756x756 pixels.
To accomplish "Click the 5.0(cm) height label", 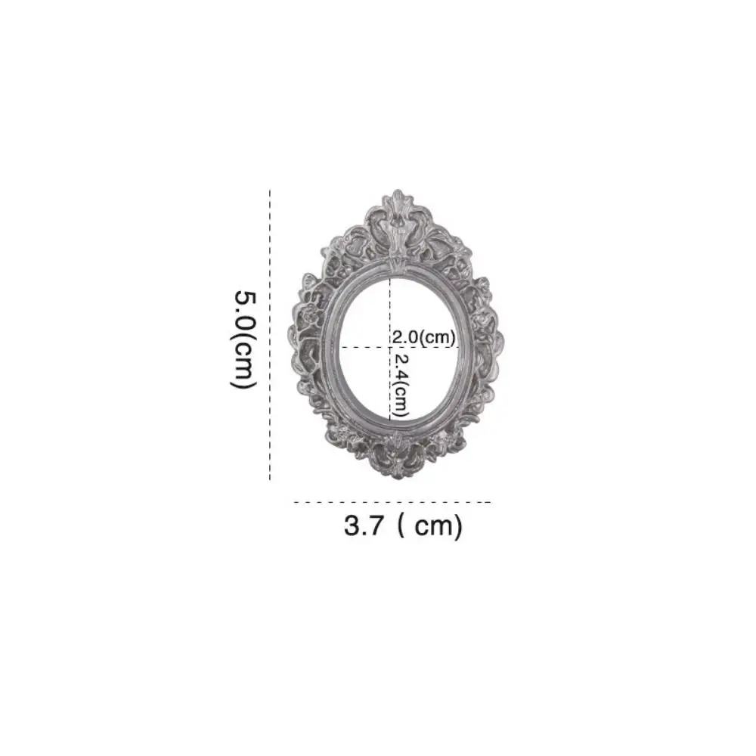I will click(x=243, y=339).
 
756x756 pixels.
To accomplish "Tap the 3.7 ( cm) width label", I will click(x=402, y=525).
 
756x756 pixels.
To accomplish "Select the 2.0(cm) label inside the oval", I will click(x=423, y=336).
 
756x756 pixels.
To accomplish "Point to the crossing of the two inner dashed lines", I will click(x=390, y=347).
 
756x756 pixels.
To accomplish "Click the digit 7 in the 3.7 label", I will click(x=376, y=525).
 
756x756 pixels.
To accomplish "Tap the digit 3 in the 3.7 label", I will click(x=353, y=525).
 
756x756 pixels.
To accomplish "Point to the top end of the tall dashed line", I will click(x=270, y=192).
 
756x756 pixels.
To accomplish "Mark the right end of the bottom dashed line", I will click(x=491, y=501).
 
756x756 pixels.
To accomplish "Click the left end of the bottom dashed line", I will click(x=294, y=501).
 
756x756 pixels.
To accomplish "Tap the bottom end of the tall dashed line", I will click(x=270, y=480).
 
